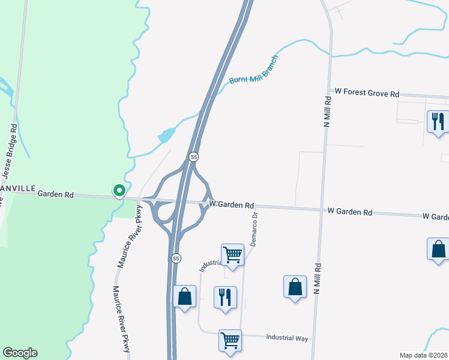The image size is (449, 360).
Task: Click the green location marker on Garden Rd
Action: [x=119, y=191]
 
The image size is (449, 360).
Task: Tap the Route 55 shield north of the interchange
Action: [x=193, y=157]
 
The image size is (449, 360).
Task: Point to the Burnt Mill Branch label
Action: [x=254, y=71]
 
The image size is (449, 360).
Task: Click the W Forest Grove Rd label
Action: [x=367, y=94]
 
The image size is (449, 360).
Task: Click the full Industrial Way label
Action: [x=287, y=338]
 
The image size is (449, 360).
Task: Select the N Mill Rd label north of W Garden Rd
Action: [x=328, y=111]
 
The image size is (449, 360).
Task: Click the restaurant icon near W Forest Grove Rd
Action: [x=436, y=121]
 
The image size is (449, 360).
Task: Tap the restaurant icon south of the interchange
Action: [x=225, y=297]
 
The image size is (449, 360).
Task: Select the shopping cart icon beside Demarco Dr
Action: [x=232, y=255]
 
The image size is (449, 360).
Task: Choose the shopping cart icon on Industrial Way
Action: [x=230, y=340]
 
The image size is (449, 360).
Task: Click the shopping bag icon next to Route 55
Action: [x=184, y=296]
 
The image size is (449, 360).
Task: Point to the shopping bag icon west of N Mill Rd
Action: [x=295, y=287]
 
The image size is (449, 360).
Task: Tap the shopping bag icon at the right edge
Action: [x=438, y=249]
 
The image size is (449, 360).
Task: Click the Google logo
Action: [x=20, y=353]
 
